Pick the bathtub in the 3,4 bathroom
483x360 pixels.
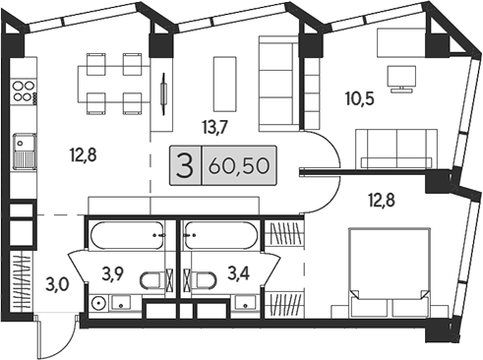[221, 237]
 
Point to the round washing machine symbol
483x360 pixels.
[98, 302]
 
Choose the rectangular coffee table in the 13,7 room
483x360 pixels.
[225, 83]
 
